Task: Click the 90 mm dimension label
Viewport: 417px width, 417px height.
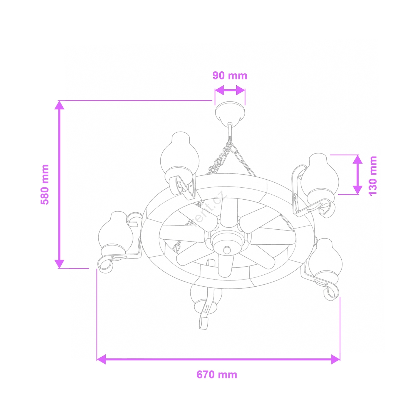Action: (x=230, y=76)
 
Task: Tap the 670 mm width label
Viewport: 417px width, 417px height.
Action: (x=217, y=375)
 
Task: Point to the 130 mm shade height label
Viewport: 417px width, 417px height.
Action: (x=373, y=176)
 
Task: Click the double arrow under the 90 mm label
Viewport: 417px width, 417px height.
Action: (x=230, y=90)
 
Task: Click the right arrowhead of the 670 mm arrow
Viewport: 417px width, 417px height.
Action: (x=335, y=359)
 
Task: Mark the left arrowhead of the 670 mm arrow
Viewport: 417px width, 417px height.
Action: (x=101, y=359)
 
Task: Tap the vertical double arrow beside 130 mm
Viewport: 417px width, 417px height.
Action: (x=358, y=175)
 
